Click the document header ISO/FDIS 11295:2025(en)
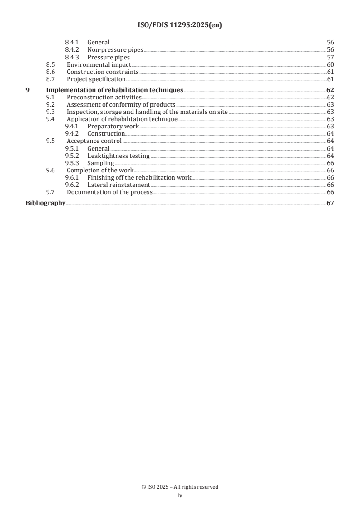(180, 25)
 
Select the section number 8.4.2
(72, 50)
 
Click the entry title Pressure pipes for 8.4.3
(108, 58)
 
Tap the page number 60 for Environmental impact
(330, 65)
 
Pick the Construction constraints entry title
(103, 72)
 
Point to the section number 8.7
(50, 79)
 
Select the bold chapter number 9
(28, 90)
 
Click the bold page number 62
(330, 90)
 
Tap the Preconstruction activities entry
(104, 98)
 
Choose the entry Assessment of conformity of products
(121, 105)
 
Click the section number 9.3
(50, 112)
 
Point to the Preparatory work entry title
(113, 127)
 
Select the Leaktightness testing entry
(118, 156)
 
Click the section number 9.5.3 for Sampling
(72, 163)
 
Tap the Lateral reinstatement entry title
(118, 185)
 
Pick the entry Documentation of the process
(109, 192)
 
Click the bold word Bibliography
(45, 203)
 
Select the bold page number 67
(330, 203)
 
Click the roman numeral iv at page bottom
(180, 496)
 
